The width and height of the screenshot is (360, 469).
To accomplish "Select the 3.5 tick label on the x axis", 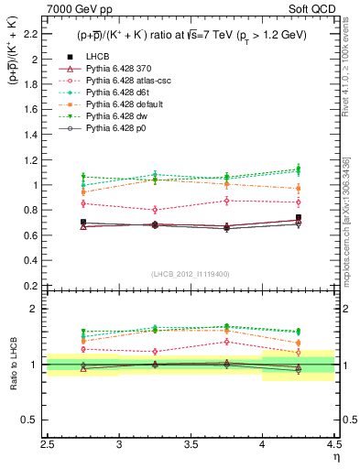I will click(x=191, y=446).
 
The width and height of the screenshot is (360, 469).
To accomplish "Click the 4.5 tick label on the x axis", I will click(x=333, y=446).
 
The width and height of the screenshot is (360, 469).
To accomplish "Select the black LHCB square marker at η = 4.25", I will click(x=298, y=218).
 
